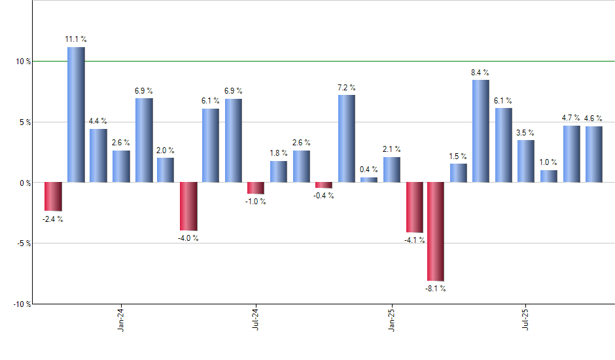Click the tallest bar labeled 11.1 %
76,115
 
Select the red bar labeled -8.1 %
436,231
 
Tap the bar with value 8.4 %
481,131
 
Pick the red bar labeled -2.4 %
53,196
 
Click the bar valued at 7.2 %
347,138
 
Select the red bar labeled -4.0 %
188,206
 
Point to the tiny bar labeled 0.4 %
369,179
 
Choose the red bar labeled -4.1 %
414,207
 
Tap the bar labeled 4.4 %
98,155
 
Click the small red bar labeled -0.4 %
324,185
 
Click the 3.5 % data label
525,133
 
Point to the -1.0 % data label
256,202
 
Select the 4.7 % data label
571,118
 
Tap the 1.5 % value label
459,156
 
